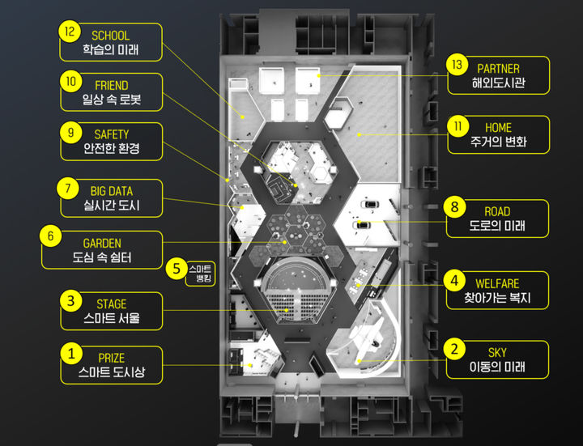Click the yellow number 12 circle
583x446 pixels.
(x=70, y=32)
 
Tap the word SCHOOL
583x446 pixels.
(x=110, y=36)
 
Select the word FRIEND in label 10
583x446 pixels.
(x=112, y=86)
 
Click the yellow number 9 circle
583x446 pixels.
(x=70, y=132)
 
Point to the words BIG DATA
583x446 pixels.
(x=112, y=191)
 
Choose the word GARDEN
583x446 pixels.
(x=102, y=244)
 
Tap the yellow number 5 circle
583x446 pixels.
(x=177, y=269)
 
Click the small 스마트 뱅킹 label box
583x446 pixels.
(x=201, y=274)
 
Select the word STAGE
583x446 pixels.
(x=112, y=304)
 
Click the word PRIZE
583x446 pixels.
(x=112, y=358)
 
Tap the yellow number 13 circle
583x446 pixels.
(x=457, y=65)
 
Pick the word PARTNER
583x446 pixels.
(x=498, y=69)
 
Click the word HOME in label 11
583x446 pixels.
(x=498, y=128)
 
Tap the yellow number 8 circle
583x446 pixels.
(x=454, y=206)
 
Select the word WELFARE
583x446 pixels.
(x=497, y=284)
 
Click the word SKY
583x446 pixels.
(x=497, y=353)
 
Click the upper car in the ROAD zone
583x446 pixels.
(x=369, y=204)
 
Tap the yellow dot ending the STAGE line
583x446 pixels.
(x=287, y=310)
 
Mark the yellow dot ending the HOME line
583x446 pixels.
(x=360, y=134)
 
